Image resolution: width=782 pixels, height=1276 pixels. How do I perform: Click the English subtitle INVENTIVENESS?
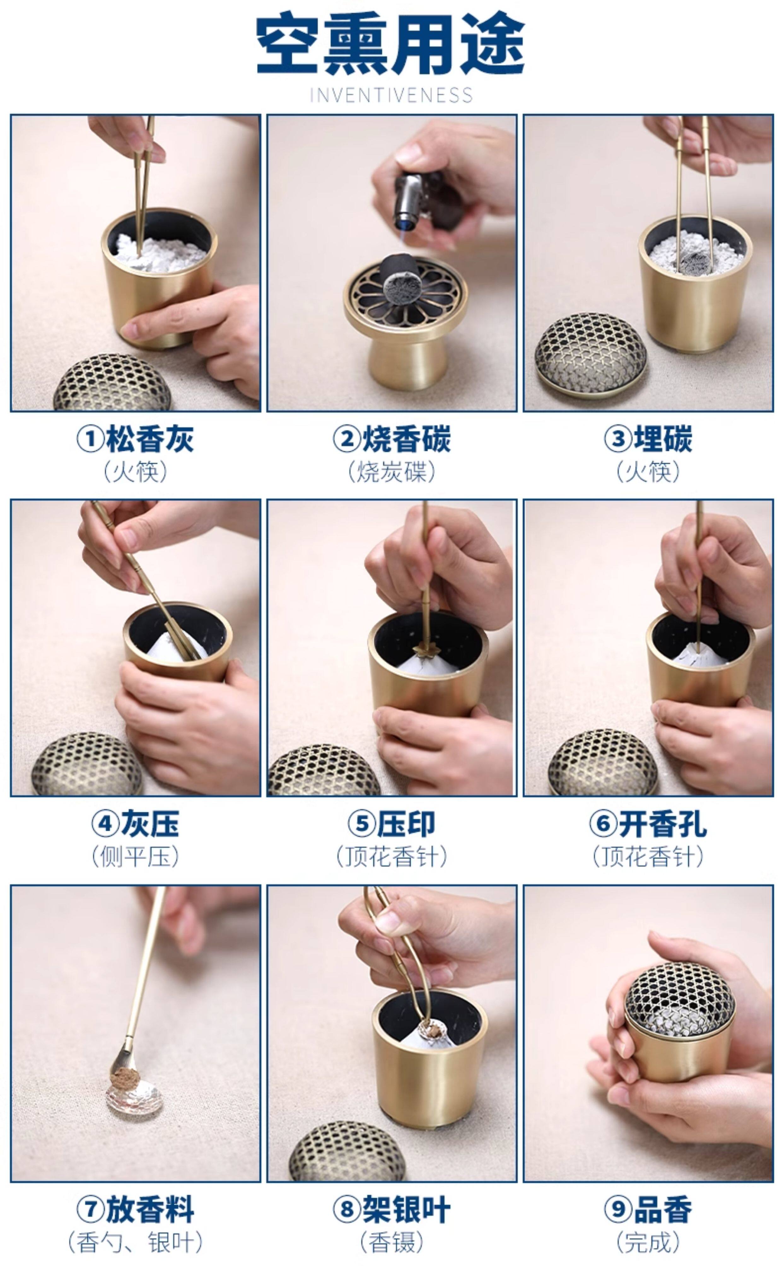pos(391,95)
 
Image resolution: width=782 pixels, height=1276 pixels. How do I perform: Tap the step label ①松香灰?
pos(135,439)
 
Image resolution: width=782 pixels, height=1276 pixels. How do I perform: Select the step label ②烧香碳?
pos(392,439)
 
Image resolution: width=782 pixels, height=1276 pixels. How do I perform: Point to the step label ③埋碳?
pos(648,439)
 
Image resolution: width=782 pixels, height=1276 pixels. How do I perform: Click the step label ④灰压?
pos(135,824)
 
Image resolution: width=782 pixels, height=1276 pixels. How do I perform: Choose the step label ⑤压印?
pos(392,824)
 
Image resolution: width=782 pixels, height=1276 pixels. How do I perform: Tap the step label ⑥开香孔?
pos(648,824)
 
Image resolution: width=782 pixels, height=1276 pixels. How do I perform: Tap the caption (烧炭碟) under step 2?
pos(392,472)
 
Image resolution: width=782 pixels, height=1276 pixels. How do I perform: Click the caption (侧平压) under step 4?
pos(135,857)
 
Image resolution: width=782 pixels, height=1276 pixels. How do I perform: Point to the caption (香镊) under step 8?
pos(392,1243)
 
